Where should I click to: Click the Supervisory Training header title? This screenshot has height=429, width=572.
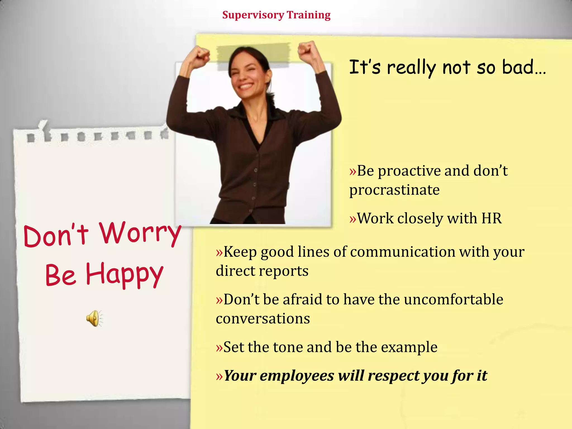coord(276,15)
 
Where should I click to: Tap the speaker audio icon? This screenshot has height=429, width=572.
coord(94,318)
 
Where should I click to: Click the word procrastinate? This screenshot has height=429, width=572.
coord(394,190)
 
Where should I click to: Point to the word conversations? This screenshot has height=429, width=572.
coord(263,319)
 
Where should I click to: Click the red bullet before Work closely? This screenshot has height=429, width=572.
coord(353,219)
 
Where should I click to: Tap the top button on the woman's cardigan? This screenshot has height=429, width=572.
coord(256,170)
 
